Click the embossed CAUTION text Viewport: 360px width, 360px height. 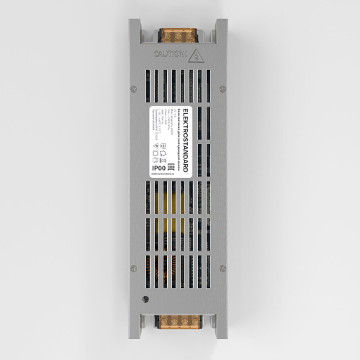point(168,53)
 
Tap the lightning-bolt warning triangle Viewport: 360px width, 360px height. point(198,53)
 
